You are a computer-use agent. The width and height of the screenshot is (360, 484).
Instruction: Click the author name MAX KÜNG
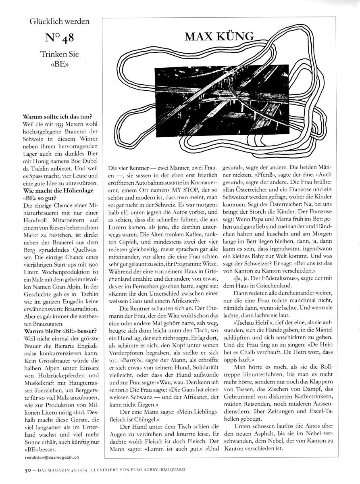(220, 38)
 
